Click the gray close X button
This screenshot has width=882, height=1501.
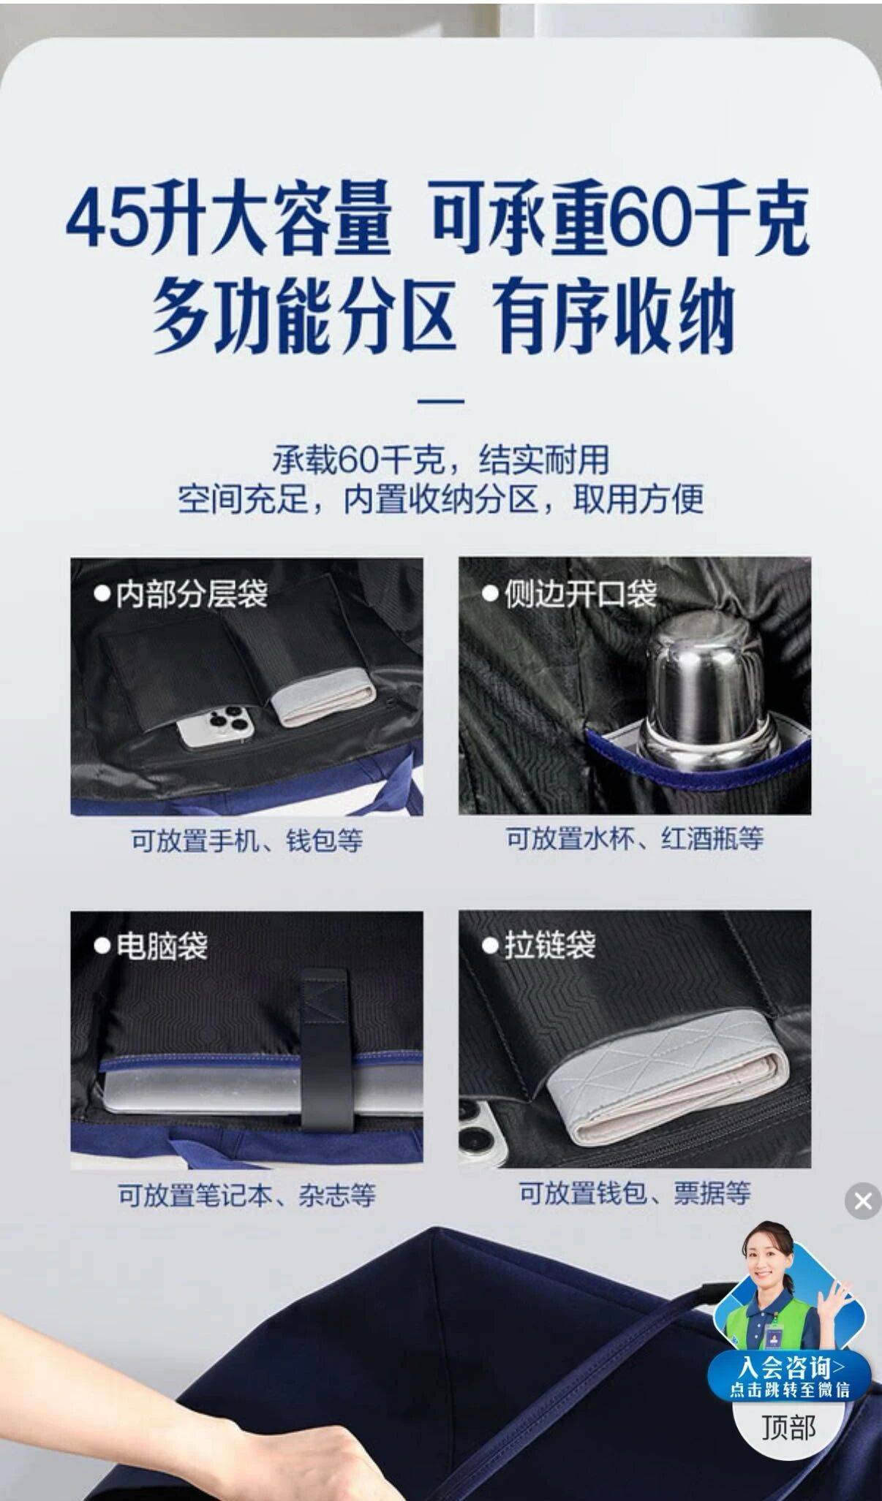(863, 1201)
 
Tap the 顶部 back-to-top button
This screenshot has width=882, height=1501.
(788, 1426)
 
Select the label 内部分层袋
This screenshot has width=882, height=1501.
(182, 594)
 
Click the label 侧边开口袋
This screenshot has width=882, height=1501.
(570, 594)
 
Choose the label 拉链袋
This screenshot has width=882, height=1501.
(540, 945)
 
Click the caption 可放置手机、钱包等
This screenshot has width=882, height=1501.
(247, 840)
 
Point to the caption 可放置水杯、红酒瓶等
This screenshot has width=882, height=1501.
(635, 838)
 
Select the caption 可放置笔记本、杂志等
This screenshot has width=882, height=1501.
(247, 1196)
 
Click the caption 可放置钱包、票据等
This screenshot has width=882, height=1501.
(635, 1193)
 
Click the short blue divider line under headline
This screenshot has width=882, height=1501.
(440, 401)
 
